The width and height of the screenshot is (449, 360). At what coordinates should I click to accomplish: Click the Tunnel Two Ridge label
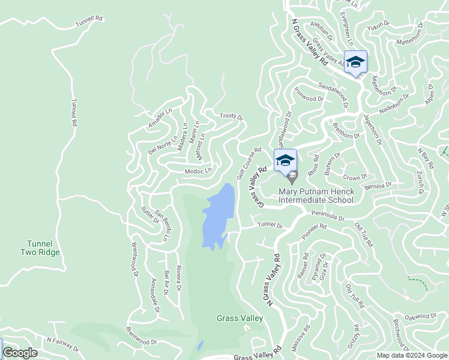point(43,248)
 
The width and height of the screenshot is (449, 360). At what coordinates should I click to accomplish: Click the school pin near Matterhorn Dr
point(355,62)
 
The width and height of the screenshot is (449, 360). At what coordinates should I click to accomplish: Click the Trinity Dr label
point(231,116)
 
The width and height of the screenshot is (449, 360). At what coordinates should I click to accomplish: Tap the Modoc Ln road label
point(199,171)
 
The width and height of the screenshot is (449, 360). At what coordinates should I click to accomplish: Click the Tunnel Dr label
point(270,226)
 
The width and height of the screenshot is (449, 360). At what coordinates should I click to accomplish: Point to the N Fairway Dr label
point(62,343)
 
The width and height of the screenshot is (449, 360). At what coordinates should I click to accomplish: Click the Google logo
point(20,353)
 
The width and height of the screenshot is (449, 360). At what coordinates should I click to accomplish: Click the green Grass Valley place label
point(240,318)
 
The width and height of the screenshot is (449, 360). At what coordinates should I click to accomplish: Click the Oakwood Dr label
point(420,316)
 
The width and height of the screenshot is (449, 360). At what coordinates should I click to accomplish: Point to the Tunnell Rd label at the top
point(89,22)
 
